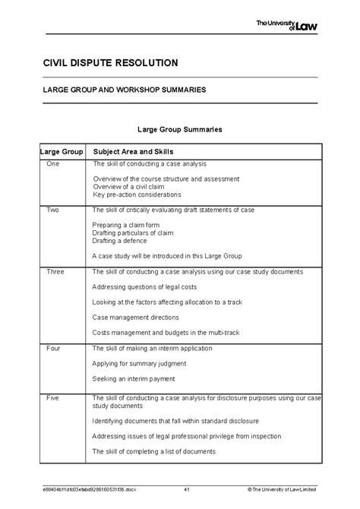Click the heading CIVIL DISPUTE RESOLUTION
click(x=111, y=62)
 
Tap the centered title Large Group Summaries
click(x=179, y=130)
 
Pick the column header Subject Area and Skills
click(x=133, y=151)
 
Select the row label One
click(x=52, y=164)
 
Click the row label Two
click(x=52, y=210)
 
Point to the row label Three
click(x=55, y=271)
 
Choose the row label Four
click(x=53, y=348)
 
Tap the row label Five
click(x=53, y=397)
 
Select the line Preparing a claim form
click(x=126, y=225)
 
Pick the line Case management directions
click(x=136, y=318)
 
